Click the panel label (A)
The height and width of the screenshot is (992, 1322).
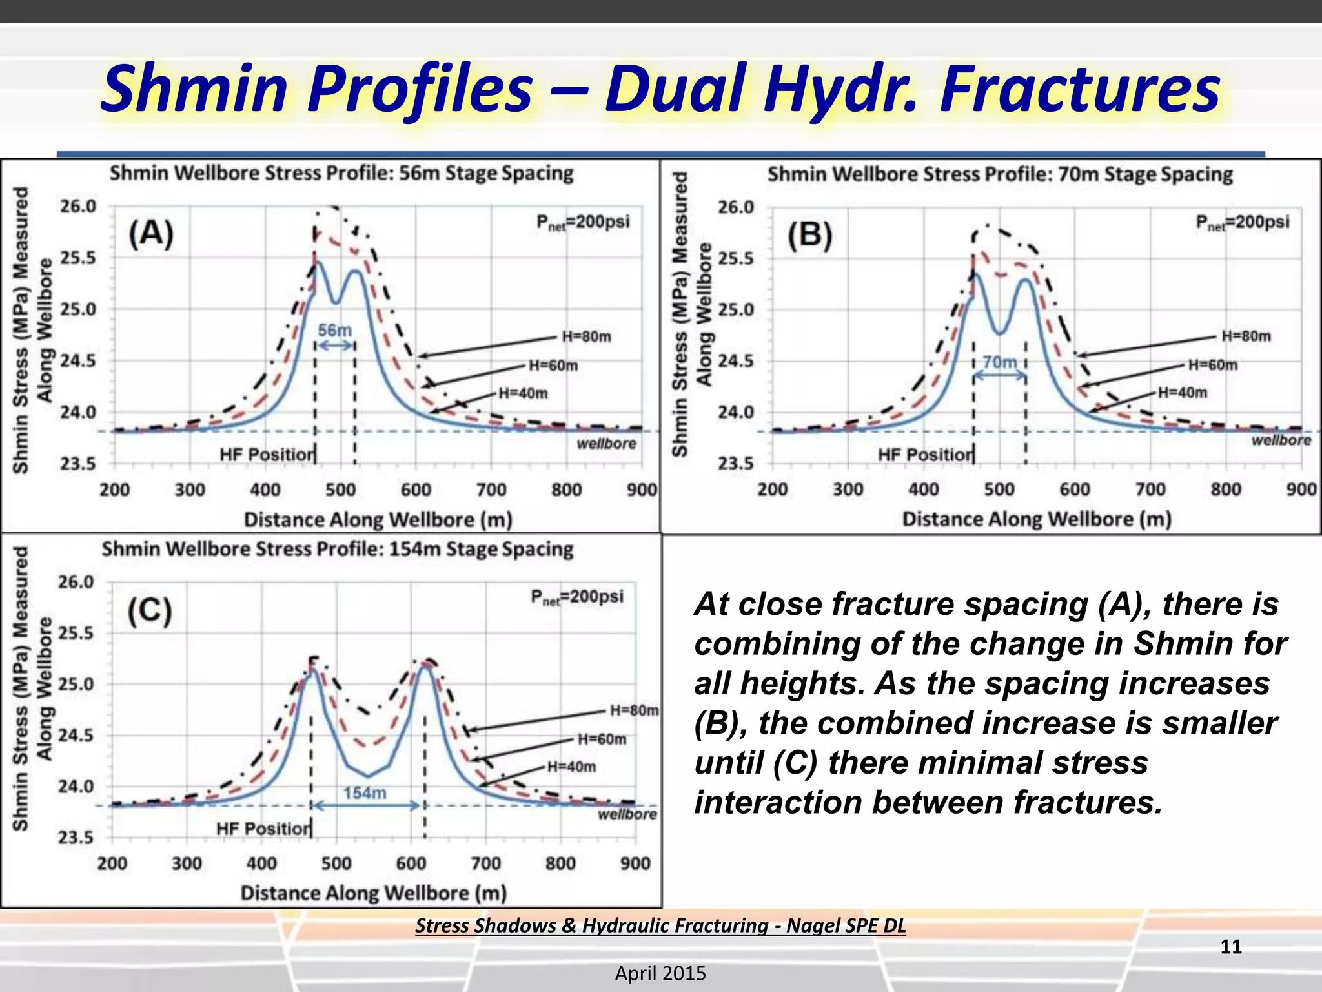(151, 234)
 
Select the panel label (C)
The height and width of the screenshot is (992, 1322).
(150, 611)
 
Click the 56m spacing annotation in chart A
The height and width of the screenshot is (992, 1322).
(335, 331)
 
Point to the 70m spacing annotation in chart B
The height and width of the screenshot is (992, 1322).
(999, 362)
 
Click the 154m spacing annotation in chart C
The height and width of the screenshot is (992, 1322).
(365, 792)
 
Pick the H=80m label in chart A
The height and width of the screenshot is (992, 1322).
(586, 336)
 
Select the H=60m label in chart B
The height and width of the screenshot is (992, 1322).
(1213, 365)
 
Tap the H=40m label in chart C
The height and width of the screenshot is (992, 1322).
(571, 767)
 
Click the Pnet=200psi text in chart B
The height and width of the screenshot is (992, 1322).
(1242, 222)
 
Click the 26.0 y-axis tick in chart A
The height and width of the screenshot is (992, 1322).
(78, 207)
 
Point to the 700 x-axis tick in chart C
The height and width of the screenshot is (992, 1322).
(485, 863)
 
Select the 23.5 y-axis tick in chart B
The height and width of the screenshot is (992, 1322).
(736, 463)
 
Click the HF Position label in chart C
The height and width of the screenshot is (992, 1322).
(263, 828)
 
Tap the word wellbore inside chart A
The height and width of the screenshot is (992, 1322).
(606, 444)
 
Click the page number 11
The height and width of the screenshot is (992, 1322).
(1231, 947)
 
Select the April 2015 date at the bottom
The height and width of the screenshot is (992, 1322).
(660, 973)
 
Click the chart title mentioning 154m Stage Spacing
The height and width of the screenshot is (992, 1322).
(337, 550)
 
